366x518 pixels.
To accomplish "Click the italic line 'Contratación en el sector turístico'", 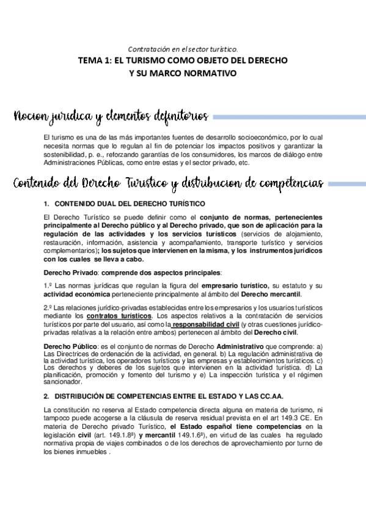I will tap(183, 49).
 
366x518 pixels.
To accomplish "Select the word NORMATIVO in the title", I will tap(209, 73).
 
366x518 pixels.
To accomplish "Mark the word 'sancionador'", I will tap(63, 382).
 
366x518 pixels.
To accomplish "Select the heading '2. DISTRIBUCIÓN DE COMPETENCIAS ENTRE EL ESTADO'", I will tap(164, 396).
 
